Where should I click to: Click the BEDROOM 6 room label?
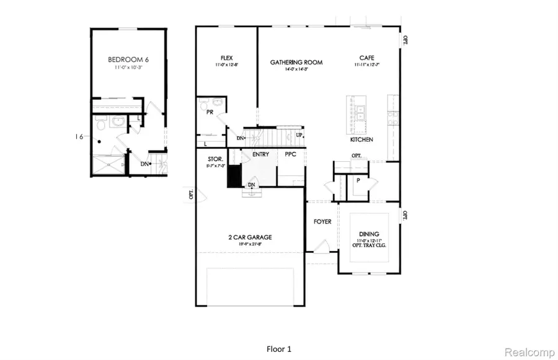click(x=128, y=59)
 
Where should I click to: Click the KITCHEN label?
click(x=362, y=140)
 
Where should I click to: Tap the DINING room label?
click(x=368, y=234)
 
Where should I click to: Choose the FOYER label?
click(x=322, y=222)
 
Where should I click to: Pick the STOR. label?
click(x=215, y=159)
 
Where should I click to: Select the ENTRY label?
click(x=260, y=154)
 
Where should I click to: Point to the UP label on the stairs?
click(x=299, y=134)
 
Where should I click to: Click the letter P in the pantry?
click(x=358, y=180)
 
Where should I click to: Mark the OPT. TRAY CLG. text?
click(x=368, y=246)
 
